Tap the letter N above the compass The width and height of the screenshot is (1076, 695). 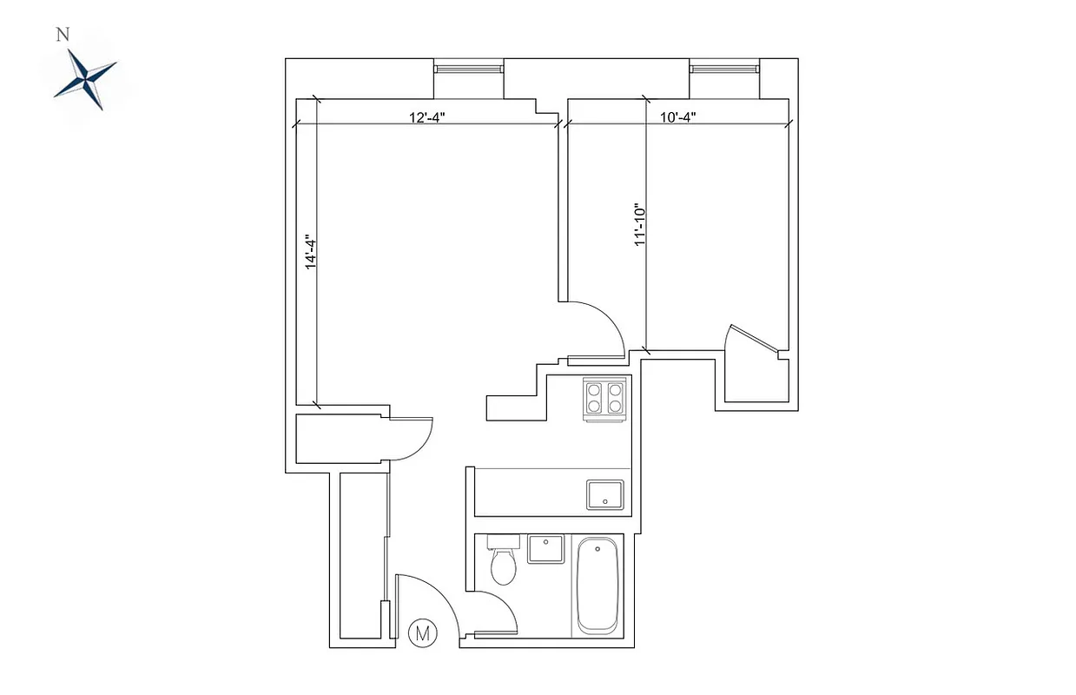(x=62, y=35)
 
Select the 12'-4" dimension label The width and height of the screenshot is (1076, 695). (x=426, y=118)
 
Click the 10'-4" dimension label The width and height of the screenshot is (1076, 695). (x=678, y=118)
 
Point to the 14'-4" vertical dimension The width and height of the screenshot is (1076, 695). (x=310, y=251)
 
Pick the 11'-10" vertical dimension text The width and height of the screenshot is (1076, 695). (x=641, y=226)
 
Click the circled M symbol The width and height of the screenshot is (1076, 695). (x=423, y=633)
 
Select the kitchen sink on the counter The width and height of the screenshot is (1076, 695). (x=604, y=494)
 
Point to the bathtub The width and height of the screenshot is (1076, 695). (x=597, y=585)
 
